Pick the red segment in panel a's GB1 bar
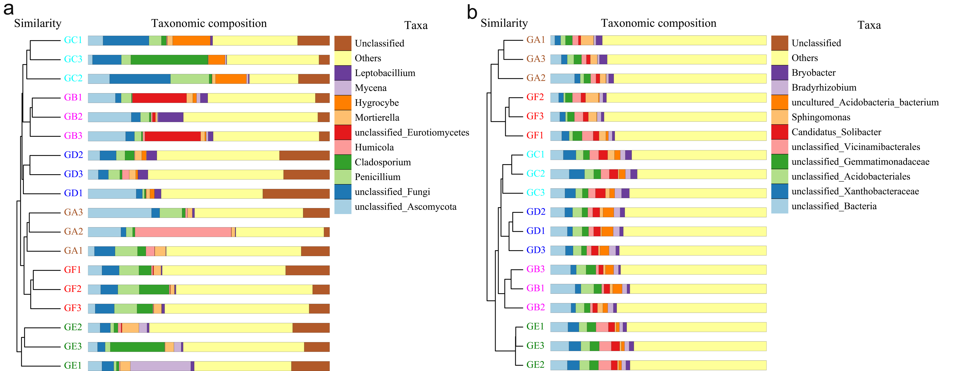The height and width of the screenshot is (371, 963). point(159,98)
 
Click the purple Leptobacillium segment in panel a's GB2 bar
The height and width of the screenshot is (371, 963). point(170,117)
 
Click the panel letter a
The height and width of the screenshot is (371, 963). point(8,9)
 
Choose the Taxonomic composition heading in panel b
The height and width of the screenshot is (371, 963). point(658,23)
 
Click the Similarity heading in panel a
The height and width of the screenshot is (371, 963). point(37,23)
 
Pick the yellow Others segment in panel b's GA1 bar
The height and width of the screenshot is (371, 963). point(684,40)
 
